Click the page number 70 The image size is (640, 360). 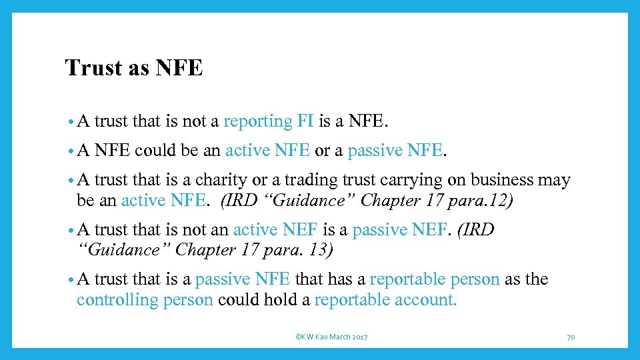(571, 337)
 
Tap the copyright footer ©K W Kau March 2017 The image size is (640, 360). (331, 337)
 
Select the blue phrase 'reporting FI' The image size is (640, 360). (269, 121)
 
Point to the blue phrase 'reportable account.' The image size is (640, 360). (385, 299)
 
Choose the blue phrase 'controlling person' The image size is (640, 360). (145, 299)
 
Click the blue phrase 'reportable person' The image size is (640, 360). (435, 279)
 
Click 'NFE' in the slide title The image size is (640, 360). (181, 68)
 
